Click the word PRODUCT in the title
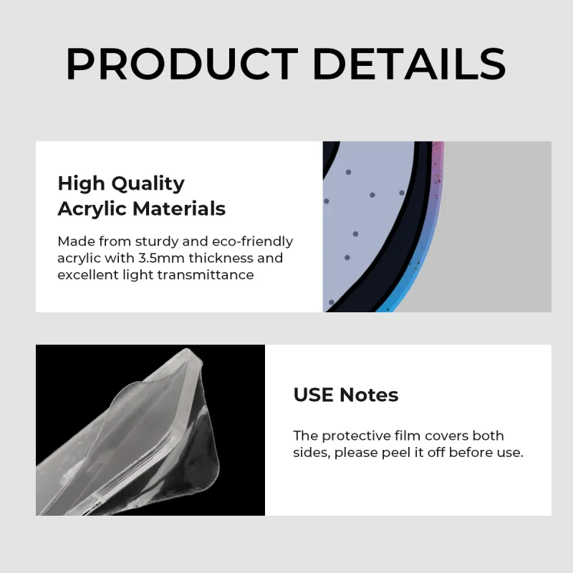click(182, 64)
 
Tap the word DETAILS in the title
click(409, 64)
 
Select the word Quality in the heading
click(148, 184)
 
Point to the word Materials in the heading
click(178, 208)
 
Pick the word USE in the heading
click(313, 395)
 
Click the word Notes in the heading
click(369, 395)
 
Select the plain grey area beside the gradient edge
click(497, 226)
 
